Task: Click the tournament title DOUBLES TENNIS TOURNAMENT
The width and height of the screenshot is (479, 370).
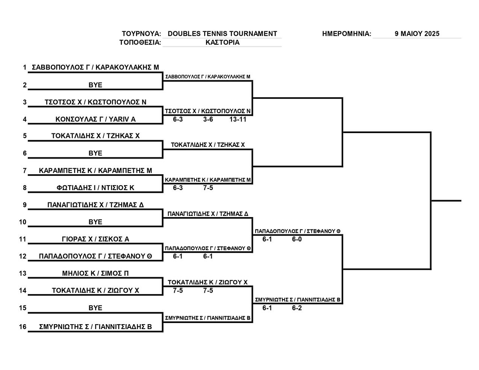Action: (x=222, y=34)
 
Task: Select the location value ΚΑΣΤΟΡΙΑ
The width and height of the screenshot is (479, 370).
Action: (x=223, y=42)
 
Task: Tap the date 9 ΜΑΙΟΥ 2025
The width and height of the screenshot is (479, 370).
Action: (x=417, y=34)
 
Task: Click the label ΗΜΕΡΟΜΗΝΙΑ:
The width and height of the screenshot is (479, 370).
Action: (x=347, y=34)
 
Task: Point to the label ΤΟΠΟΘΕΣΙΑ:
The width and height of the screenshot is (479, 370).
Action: (x=140, y=42)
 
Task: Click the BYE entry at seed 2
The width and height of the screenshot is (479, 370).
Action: (x=95, y=85)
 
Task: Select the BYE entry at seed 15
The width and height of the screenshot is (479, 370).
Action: (x=95, y=308)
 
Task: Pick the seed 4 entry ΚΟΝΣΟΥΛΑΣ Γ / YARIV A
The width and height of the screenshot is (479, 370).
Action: (x=95, y=119)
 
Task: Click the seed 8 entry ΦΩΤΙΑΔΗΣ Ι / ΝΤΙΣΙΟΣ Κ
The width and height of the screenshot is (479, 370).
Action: (x=95, y=188)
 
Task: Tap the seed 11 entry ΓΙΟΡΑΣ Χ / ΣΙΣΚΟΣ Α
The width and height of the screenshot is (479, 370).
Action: (x=95, y=239)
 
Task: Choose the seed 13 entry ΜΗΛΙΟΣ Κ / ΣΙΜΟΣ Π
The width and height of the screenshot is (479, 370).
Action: (x=95, y=273)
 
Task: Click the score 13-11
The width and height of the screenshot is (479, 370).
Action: (x=238, y=119)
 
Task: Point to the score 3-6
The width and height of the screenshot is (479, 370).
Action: (x=208, y=119)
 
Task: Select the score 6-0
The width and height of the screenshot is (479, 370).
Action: (x=297, y=239)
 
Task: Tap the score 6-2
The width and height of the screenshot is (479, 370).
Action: (x=297, y=308)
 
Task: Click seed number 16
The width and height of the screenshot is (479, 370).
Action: (x=23, y=327)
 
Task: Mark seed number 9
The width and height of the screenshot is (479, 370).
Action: (x=25, y=205)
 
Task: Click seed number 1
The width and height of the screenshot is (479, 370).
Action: (x=25, y=67)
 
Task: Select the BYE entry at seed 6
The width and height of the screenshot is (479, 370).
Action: (x=95, y=153)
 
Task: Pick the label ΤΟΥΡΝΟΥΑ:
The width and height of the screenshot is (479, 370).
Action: (x=141, y=34)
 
